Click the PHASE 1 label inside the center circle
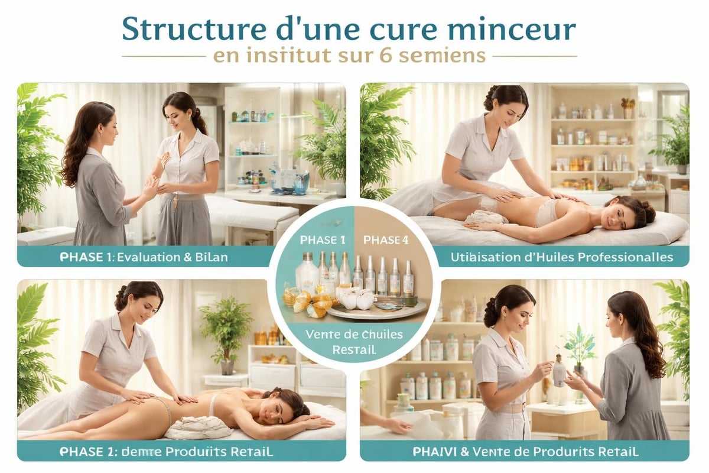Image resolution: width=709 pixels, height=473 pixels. point(323,239)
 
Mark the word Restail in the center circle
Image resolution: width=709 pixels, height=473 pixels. point(354,349)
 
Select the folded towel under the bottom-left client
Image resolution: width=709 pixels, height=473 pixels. point(198,427)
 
